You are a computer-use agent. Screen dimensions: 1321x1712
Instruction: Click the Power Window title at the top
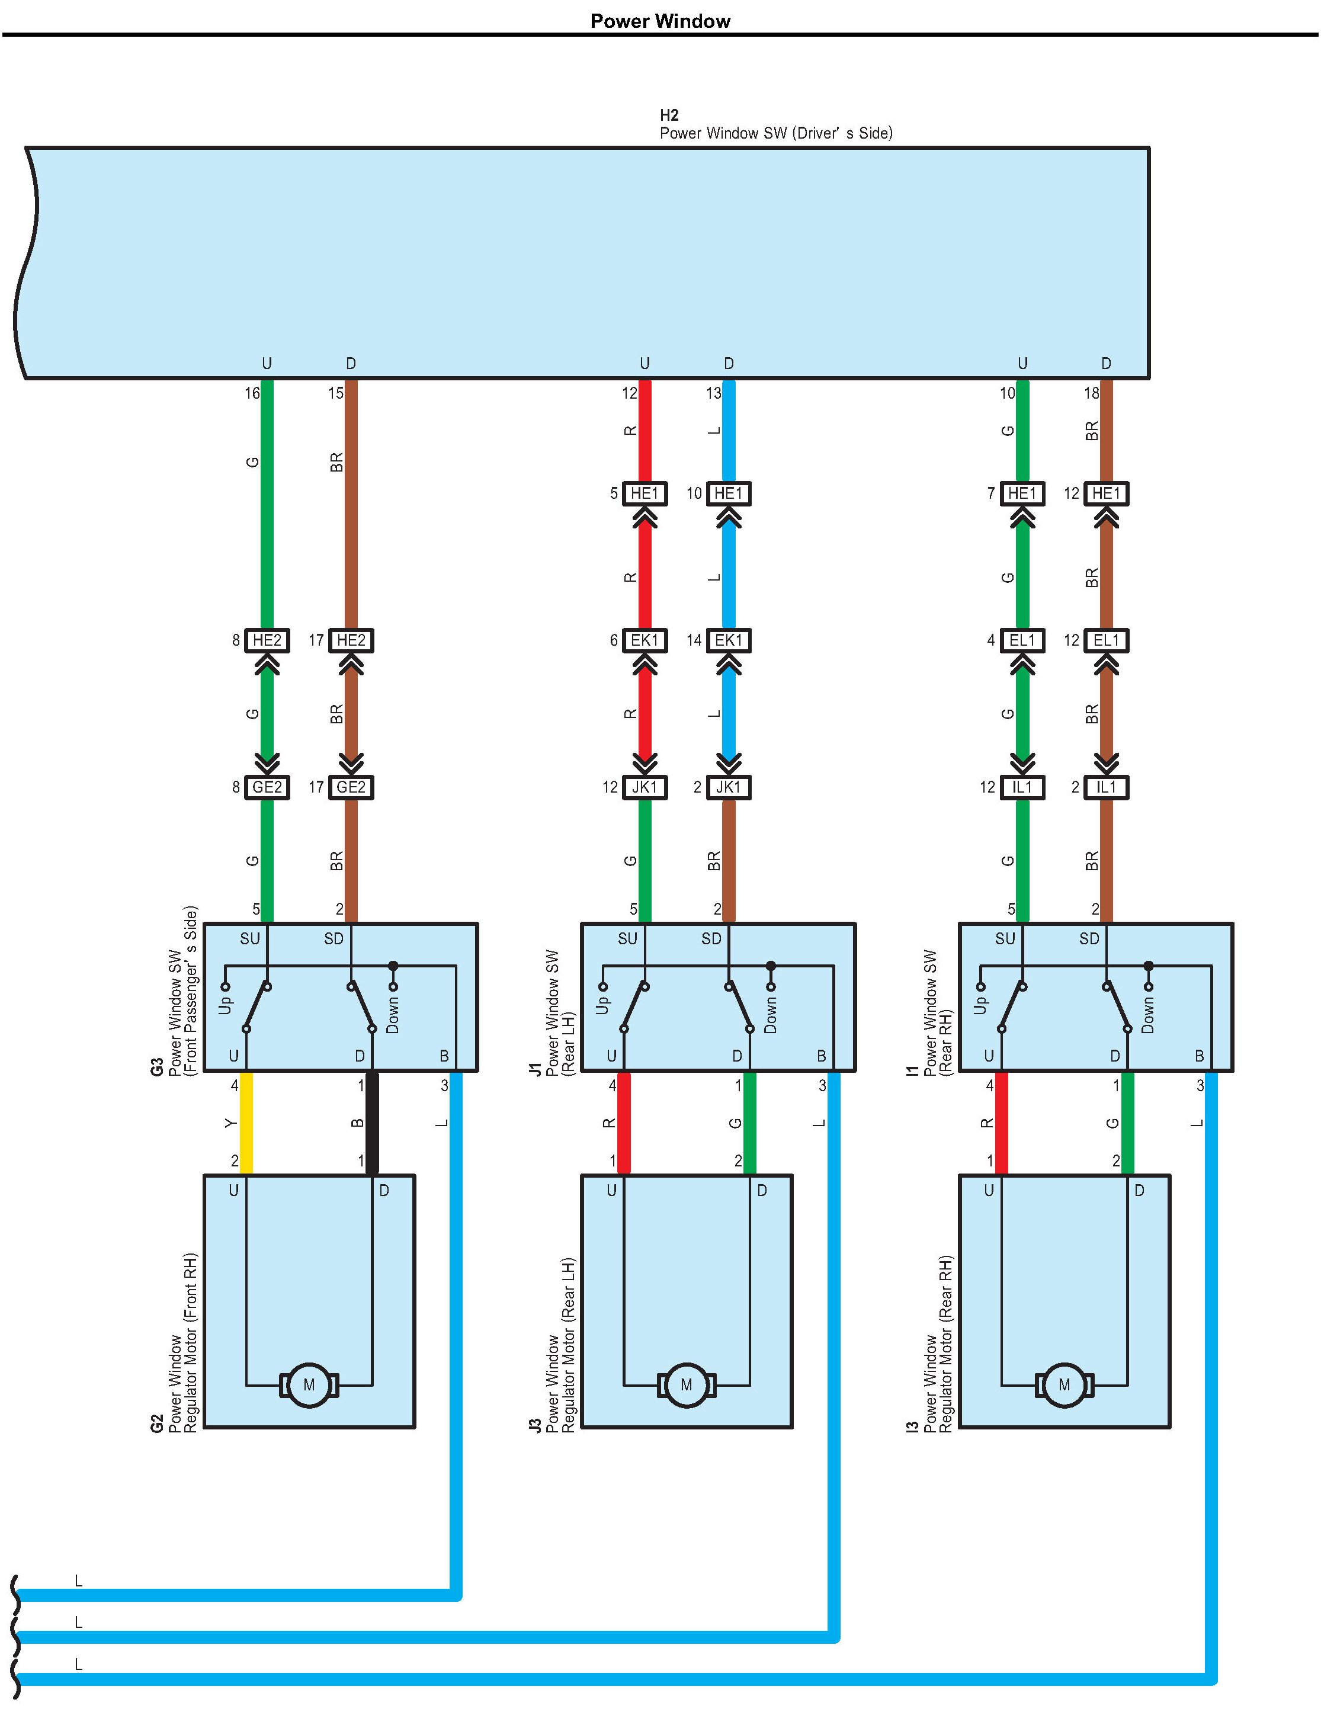coord(660,21)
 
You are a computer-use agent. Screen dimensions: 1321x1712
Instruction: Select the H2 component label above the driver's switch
coord(669,116)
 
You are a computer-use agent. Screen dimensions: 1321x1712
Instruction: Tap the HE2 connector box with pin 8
coord(267,640)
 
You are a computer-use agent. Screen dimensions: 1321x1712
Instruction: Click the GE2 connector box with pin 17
coord(351,787)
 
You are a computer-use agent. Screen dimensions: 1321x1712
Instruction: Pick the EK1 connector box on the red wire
coord(645,640)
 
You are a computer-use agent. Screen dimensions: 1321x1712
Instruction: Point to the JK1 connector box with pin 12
coord(645,787)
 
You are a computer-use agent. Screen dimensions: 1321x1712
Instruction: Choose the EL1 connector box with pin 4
coord(1022,640)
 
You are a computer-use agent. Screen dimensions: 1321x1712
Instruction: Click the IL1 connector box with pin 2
coord(1106,787)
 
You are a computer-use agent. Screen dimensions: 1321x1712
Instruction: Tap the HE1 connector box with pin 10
coord(728,493)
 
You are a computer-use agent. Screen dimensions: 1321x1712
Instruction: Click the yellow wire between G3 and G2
coord(246,1123)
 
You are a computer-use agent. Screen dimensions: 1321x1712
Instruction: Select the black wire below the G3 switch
coord(373,1123)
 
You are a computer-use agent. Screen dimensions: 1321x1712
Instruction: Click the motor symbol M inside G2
coord(309,1385)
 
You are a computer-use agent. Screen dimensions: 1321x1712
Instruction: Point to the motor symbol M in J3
coord(687,1385)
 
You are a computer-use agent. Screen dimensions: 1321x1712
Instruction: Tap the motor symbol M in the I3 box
coord(1064,1385)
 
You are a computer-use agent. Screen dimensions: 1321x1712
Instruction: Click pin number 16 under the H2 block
coord(252,393)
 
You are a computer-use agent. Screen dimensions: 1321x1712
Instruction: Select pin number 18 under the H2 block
coord(1091,393)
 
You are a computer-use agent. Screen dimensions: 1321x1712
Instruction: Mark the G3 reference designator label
coord(157,1067)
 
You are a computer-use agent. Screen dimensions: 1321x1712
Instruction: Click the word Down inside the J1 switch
coord(770,1014)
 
